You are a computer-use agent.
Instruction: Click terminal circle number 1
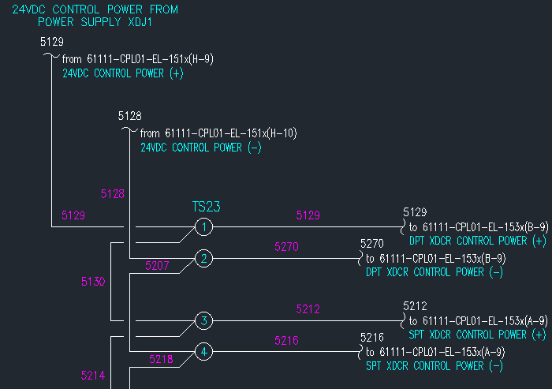(203, 227)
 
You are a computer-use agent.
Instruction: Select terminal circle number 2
(203, 259)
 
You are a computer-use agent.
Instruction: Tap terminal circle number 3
(203, 320)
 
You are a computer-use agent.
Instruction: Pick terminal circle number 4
(203, 352)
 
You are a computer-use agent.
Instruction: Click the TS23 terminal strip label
(207, 208)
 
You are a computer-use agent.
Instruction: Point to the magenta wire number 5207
(158, 267)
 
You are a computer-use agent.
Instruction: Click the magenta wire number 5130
(93, 281)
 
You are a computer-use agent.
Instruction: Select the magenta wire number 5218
(162, 359)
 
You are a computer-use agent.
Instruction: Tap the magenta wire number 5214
(93, 376)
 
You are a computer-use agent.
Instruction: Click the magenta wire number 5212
(308, 309)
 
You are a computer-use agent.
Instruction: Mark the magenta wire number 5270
(287, 247)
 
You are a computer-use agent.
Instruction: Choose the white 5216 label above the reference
(372, 337)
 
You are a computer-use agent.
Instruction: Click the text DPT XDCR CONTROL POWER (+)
(478, 241)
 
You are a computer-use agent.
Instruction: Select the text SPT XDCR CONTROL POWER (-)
(435, 366)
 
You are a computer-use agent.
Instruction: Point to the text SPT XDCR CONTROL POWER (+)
(478, 335)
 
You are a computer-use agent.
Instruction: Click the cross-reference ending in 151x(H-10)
(218, 133)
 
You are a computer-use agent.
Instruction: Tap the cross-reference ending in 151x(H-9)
(138, 58)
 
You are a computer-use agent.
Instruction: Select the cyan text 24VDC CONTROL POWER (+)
(123, 73)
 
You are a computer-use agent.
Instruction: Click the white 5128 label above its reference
(130, 116)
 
